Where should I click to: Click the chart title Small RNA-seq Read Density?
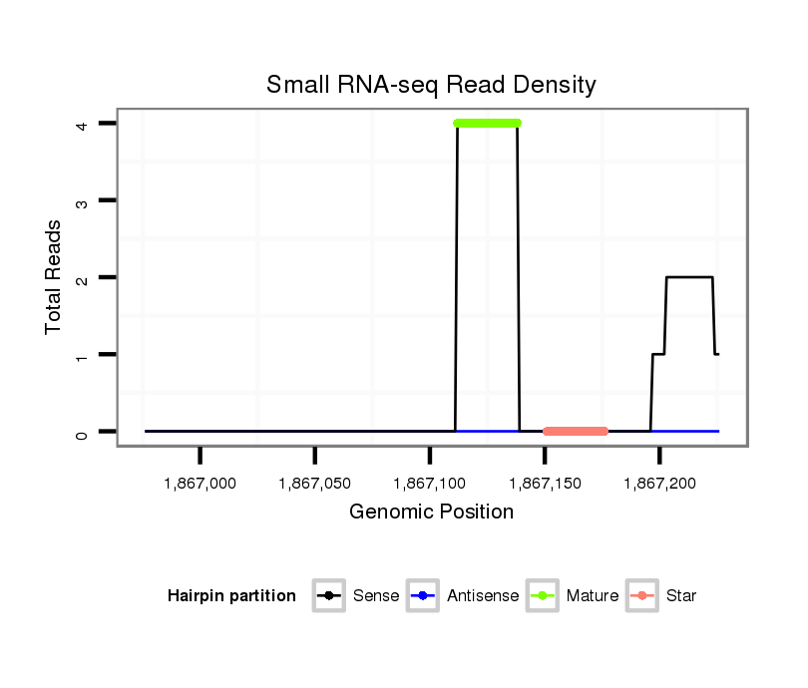click(431, 85)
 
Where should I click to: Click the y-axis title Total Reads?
click(55, 276)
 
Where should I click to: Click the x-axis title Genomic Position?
click(431, 513)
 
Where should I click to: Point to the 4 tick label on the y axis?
click(82, 124)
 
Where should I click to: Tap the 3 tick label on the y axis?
click(82, 201)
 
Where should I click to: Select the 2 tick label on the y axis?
click(82, 277)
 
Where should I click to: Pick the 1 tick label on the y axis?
click(82, 355)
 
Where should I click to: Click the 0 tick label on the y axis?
click(82, 432)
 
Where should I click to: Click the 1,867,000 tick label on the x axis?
click(201, 483)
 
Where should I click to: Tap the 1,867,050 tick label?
click(315, 483)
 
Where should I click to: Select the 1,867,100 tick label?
click(430, 483)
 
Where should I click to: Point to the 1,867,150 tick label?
click(545, 483)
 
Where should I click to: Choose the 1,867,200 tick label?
click(659, 483)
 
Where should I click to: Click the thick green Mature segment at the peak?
click(487, 123)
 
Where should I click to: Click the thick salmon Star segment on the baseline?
click(576, 431)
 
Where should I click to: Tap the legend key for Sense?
click(328, 596)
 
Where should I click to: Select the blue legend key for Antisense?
click(423, 596)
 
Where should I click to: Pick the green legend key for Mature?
click(542, 596)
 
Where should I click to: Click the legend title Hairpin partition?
click(231, 596)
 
